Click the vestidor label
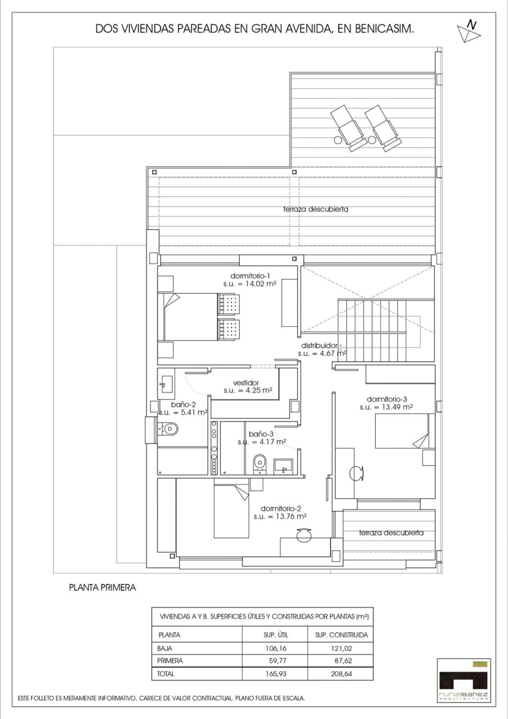[x=246, y=383]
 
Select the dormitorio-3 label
[x=386, y=399]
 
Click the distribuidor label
[x=319, y=346]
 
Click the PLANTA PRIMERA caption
[x=102, y=588]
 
